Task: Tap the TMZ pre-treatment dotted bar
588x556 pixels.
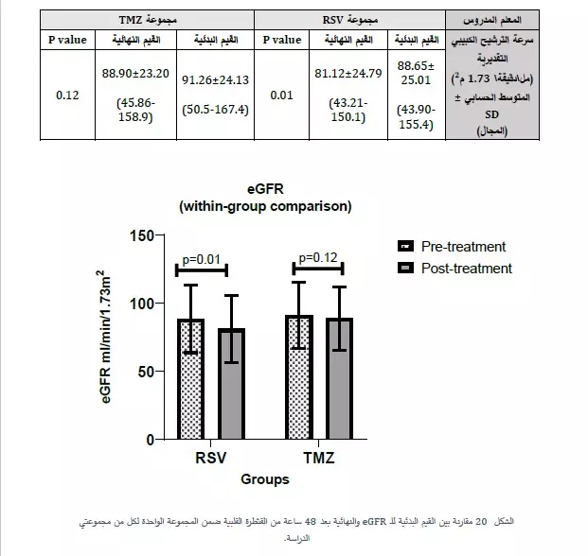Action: [x=298, y=378]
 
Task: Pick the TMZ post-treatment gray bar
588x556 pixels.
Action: [x=339, y=380]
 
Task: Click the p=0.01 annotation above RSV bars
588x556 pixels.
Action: [x=203, y=257]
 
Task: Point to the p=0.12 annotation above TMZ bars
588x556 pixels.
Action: [x=318, y=257]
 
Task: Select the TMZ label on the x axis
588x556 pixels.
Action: [x=319, y=460]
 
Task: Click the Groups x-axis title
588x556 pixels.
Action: [x=264, y=479]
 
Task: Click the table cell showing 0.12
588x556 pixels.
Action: [x=66, y=95]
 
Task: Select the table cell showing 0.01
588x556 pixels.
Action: [x=282, y=95]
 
